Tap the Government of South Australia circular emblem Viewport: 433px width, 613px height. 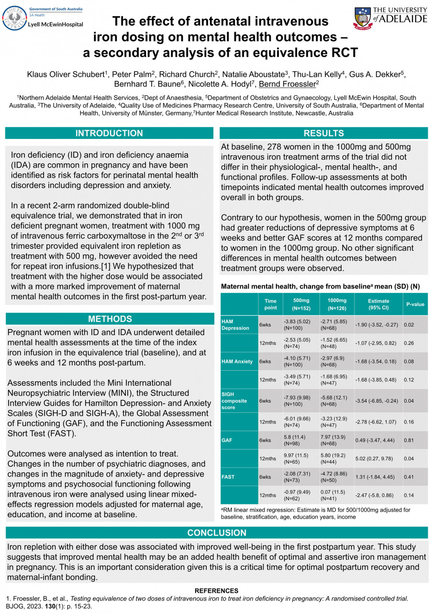pyautogui.click(x=14, y=18)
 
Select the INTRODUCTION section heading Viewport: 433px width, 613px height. pyautogui.click(x=109, y=133)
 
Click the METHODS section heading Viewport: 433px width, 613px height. pyautogui.click(x=110, y=319)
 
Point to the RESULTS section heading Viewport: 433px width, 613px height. pyautogui.click(x=323, y=133)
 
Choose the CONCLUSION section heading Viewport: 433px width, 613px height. pyautogui.click(x=216, y=533)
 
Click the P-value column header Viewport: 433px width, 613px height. pyautogui.click(x=415, y=304)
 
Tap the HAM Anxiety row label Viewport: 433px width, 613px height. pyautogui.click(x=237, y=362)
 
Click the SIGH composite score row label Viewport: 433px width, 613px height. pyautogui.click(x=235, y=400)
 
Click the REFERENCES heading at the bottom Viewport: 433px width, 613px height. pyautogui.click(x=216, y=590)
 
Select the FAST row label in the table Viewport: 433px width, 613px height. pyautogui.click(x=228, y=477)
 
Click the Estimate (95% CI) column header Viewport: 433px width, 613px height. pyautogui.click(x=378, y=304)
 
